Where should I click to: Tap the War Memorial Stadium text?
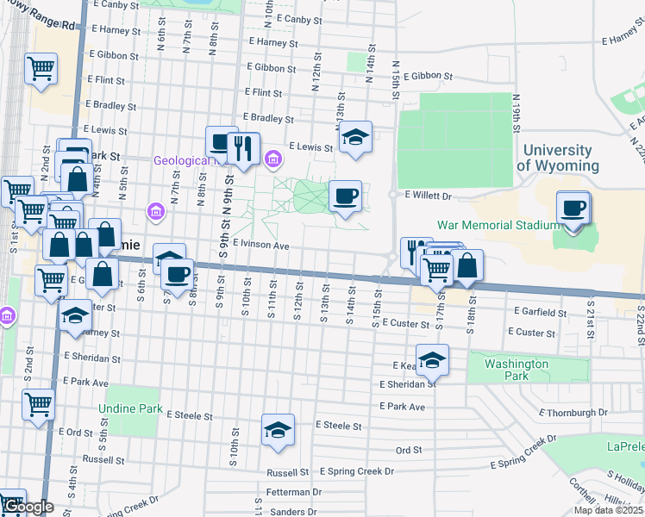[x=499, y=225]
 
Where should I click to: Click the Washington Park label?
[x=516, y=370]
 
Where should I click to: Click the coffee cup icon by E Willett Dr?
[x=346, y=196]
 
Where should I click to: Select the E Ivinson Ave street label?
[x=260, y=245]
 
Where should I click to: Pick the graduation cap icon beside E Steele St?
[x=278, y=430]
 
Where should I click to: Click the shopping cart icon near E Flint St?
[x=41, y=69]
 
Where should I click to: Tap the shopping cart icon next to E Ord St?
[x=39, y=403]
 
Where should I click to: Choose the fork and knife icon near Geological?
[x=244, y=148]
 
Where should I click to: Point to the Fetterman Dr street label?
[x=292, y=492]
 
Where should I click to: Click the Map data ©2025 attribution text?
[x=608, y=510]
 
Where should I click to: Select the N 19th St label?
[x=518, y=113]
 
